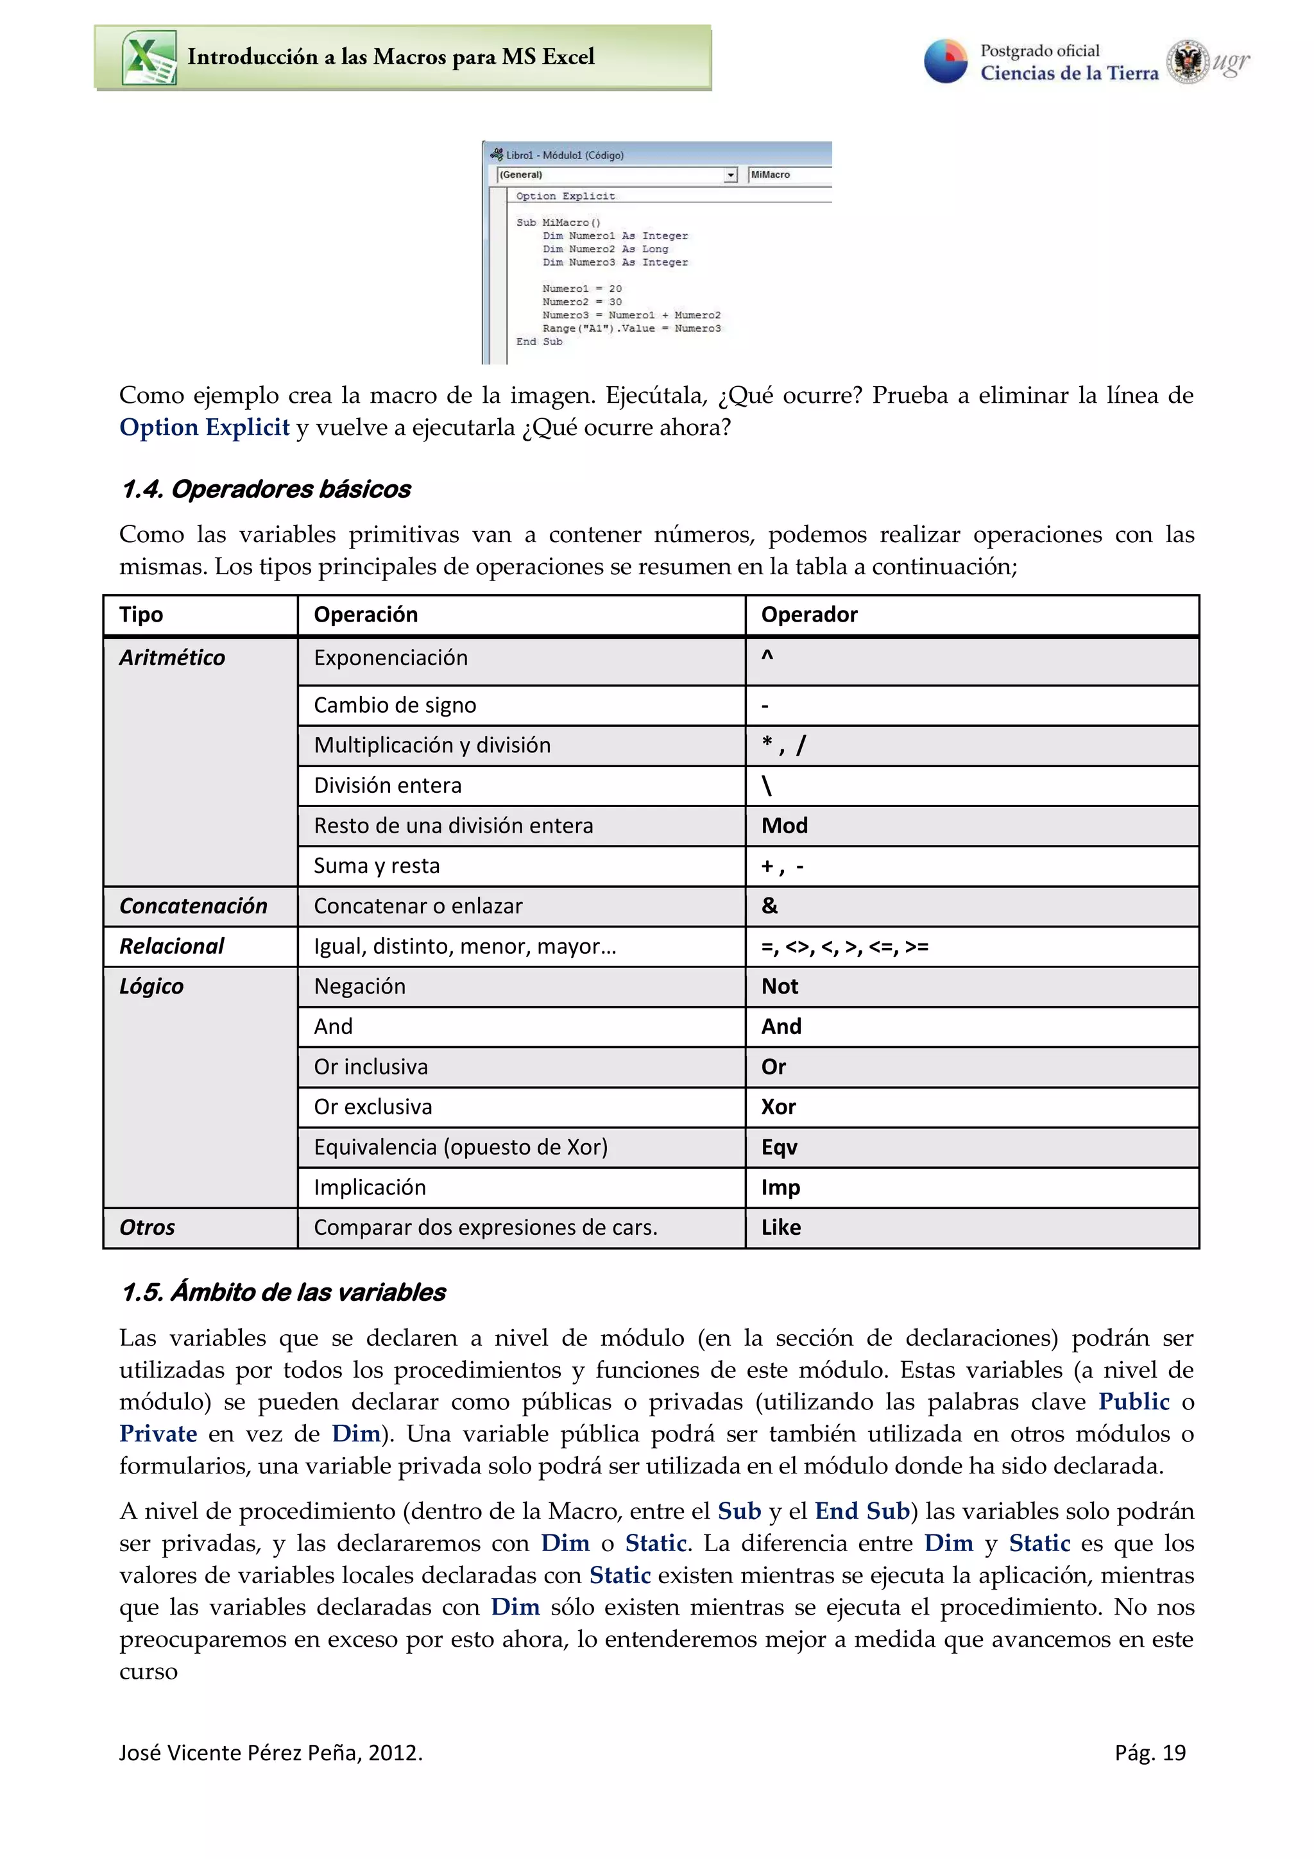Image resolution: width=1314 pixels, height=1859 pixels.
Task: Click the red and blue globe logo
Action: click(x=946, y=61)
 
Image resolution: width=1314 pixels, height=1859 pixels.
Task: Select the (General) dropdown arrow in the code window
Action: click(x=730, y=175)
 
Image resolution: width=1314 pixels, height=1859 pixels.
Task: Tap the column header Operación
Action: click(x=365, y=615)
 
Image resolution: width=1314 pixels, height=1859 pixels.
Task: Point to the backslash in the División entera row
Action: click(x=766, y=785)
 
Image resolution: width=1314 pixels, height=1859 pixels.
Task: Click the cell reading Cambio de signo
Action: click(x=395, y=705)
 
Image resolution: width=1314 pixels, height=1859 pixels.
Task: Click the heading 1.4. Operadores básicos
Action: click(x=266, y=489)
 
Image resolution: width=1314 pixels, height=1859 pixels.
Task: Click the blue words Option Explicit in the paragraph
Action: click(x=204, y=427)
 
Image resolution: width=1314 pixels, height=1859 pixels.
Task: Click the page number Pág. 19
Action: click(x=1149, y=1753)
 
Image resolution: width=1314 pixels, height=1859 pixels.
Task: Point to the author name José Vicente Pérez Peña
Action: click(x=239, y=1753)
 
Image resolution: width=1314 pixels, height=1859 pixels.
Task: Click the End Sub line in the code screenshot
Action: click(x=539, y=342)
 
